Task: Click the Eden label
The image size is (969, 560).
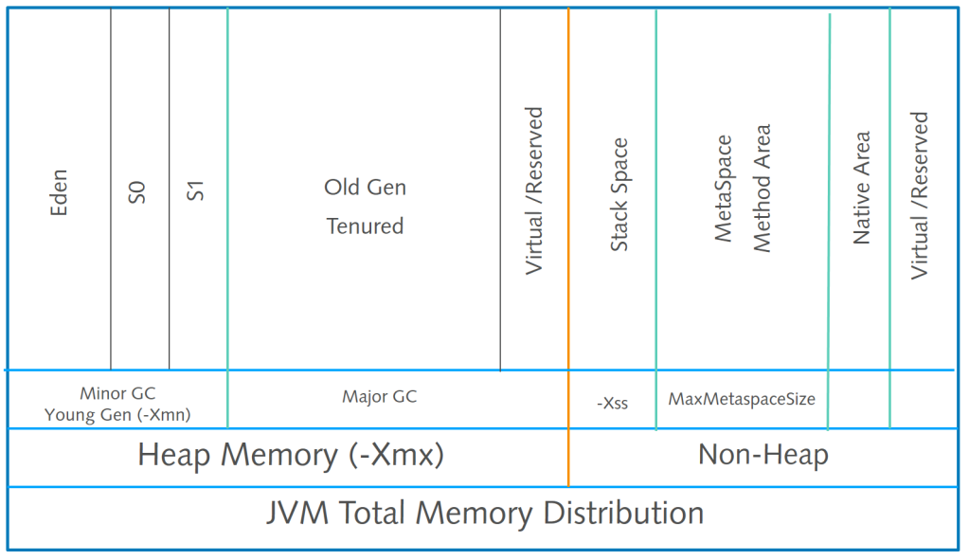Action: (x=59, y=192)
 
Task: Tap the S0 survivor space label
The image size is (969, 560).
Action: (x=136, y=192)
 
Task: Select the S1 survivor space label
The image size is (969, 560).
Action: (x=195, y=191)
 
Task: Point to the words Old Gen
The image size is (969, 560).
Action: (x=366, y=188)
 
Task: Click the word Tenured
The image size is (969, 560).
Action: (x=366, y=226)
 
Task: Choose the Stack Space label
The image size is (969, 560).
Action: (x=619, y=194)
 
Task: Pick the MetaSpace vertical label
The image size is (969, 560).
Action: (x=723, y=189)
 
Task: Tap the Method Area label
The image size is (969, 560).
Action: (x=762, y=189)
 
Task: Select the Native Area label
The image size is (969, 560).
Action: (x=861, y=188)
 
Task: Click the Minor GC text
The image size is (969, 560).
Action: (x=117, y=393)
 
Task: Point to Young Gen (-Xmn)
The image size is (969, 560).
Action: (x=117, y=415)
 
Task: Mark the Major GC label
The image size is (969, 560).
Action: (x=380, y=396)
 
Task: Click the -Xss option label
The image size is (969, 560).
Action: (x=613, y=404)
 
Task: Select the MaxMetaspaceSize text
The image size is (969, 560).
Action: (x=742, y=399)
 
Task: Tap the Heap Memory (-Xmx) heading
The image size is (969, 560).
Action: (x=291, y=456)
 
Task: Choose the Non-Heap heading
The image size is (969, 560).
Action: (x=763, y=455)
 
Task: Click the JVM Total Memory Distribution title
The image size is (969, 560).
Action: (x=485, y=513)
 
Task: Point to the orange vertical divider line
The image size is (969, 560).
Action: (x=568, y=247)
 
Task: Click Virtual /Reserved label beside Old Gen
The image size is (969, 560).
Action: (x=534, y=191)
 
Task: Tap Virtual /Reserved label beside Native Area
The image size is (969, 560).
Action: (x=920, y=195)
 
